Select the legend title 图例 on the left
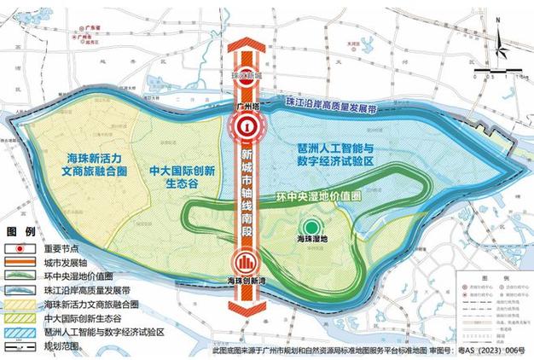coord(21,232)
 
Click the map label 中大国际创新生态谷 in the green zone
coord(182,174)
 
